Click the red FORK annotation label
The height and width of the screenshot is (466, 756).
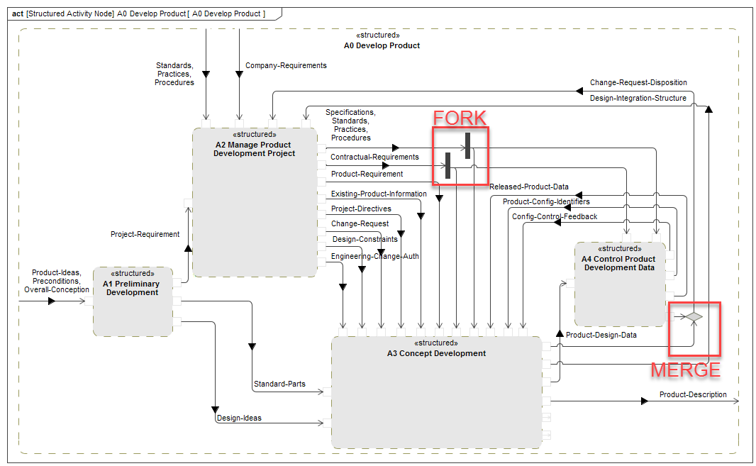pos(460,118)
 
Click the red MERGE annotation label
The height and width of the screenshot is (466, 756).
pos(685,370)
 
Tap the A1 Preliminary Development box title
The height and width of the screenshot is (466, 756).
pos(132,288)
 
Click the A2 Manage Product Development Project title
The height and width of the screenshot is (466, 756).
pos(254,149)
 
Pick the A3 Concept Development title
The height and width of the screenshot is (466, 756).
pos(436,353)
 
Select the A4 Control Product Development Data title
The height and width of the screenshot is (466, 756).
pos(619,263)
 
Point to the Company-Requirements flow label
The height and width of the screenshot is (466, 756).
pos(286,65)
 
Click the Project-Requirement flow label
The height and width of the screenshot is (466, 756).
pos(145,234)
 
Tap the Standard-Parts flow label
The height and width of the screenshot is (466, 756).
pos(279,384)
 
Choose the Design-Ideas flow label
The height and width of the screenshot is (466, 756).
pos(239,418)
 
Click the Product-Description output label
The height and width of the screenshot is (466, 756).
pos(692,394)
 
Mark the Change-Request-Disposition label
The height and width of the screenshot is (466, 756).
pos(638,82)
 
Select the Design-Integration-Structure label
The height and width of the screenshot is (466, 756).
pos(638,98)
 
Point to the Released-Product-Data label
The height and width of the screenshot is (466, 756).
pos(528,187)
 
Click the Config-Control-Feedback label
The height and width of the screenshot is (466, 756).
pos(555,216)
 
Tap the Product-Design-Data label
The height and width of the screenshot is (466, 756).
pos(601,335)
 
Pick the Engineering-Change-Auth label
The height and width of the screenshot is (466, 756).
pos(374,256)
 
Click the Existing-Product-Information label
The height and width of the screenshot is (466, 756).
pos(379,194)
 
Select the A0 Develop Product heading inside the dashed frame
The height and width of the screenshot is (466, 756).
pos(382,45)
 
